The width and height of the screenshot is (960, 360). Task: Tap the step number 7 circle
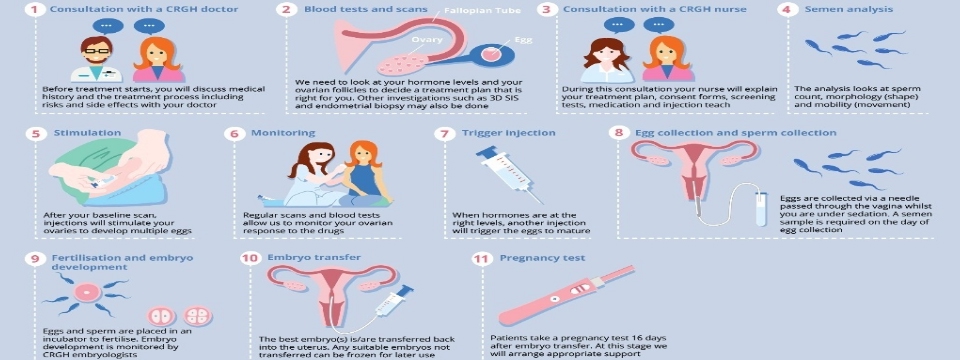pyautogui.click(x=443, y=133)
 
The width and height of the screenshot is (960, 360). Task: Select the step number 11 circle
pyautogui.click(x=481, y=259)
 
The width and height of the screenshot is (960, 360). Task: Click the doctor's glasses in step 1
pyautogui.click(x=97, y=51)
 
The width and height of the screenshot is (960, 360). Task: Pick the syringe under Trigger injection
pyautogui.click(x=509, y=174)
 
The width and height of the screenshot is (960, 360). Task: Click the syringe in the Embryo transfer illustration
pyautogui.click(x=392, y=301)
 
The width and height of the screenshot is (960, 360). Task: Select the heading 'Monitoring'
pyautogui.click(x=283, y=133)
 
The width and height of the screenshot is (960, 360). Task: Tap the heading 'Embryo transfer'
pyautogui.click(x=314, y=257)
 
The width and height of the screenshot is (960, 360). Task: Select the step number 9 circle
pyautogui.click(x=34, y=258)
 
